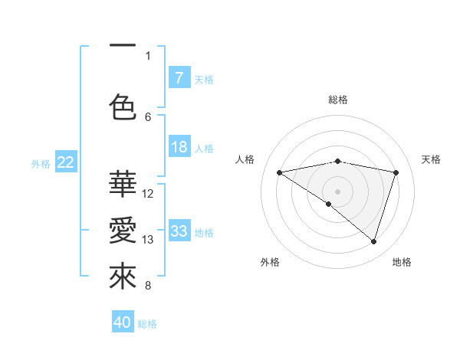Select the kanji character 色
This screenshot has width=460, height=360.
[x=123, y=107]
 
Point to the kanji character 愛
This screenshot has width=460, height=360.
[x=123, y=231]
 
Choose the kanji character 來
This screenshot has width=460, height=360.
[x=123, y=277]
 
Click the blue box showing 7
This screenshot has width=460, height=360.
[x=179, y=77]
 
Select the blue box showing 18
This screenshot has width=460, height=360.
[x=179, y=147]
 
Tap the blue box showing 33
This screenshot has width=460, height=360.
[x=179, y=231]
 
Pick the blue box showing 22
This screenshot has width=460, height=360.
[x=66, y=162]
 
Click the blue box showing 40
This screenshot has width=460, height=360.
[x=123, y=322]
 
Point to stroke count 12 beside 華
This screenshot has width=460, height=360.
[x=149, y=193]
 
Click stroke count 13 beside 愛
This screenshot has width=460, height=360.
[x=149, y=240]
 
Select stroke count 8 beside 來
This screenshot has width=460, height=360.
[x=148, y=286]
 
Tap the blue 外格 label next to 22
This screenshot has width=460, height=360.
[x=41, y=163]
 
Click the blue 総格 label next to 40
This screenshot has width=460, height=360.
[x=148, y=323]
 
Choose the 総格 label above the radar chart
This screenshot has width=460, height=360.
[x=338, y=100]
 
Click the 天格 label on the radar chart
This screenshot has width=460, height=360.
[x=431, y=159]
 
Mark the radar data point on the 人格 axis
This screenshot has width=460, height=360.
[x=280, y=172]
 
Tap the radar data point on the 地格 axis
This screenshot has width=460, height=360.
[x=373, y=241]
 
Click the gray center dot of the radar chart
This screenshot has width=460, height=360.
[x=337, y=191]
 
